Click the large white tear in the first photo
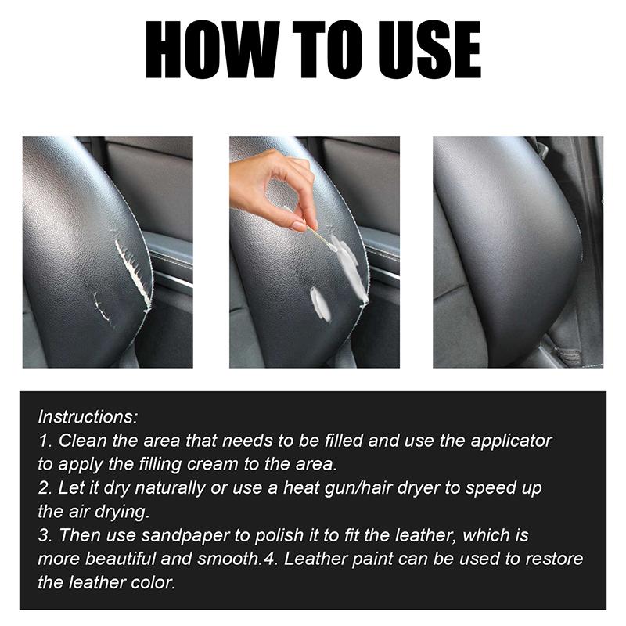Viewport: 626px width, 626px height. click(x=133, y=274)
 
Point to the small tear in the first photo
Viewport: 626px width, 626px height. click(x=101, y=308)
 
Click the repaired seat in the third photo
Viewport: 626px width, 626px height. click(x=501, y=250)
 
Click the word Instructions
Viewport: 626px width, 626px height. click(x=88, y=416)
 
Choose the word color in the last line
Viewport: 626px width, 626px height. click(x=156, y=584)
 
